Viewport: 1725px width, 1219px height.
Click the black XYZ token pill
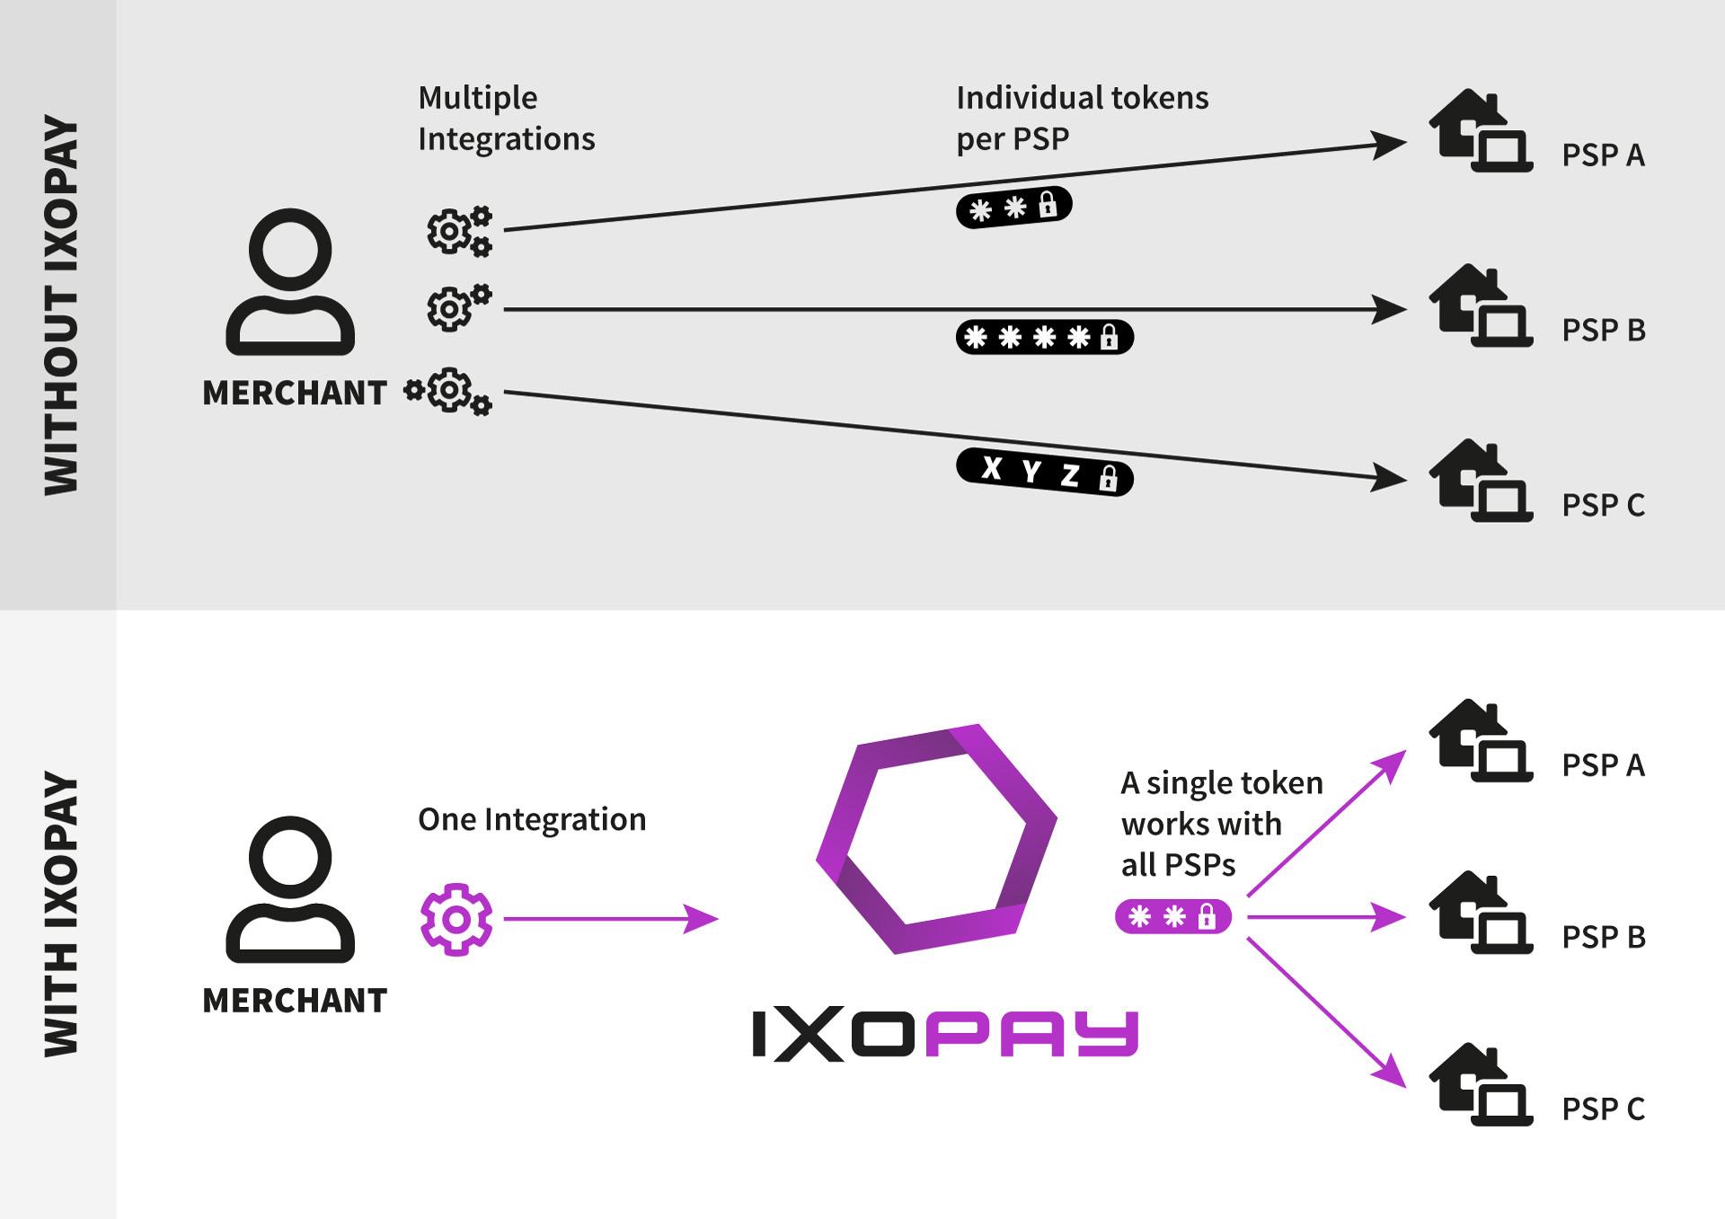1044,473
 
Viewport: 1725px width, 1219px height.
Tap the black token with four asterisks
1044,338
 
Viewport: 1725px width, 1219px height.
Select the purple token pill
1172,917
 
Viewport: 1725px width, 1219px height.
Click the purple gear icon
456,919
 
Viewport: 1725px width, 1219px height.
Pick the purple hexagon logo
936,838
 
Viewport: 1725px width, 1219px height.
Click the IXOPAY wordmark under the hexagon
945,1036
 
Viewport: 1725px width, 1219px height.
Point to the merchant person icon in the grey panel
290,282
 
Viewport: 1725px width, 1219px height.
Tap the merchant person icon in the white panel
290,889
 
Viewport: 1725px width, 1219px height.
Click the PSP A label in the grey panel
1603,155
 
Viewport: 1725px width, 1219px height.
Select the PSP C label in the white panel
1603,1109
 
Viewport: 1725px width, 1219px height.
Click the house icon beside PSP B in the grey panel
1481,305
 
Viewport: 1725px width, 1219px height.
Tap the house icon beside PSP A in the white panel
1481,741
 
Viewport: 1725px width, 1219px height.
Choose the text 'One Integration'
532,819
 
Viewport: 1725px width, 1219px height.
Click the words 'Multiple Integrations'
506,119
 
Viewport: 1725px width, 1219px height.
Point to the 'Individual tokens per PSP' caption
1082,119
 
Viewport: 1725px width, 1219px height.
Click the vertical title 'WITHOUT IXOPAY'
61,305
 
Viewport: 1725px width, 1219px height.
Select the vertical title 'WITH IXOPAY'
61,914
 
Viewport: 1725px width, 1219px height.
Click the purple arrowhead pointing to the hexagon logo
703,919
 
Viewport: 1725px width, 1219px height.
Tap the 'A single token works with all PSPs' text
1221,824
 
